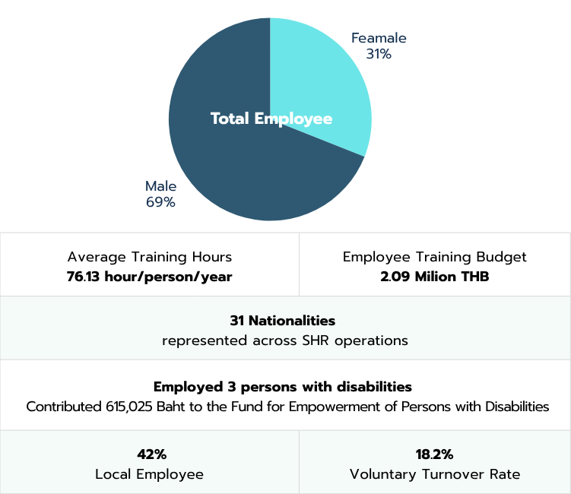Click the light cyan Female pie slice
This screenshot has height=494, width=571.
[x=320, y=80]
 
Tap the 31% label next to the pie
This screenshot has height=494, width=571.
[x=379, y=54]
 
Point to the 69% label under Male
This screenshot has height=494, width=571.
[x=160, y=202]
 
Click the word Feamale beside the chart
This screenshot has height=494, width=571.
[x=379, y=38]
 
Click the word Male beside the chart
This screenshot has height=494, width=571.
[x=160, y=186]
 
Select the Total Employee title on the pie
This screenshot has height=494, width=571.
[x=271, y=119]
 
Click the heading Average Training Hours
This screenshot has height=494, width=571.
[x=150, y=257]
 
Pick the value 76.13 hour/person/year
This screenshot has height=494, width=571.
[x=149, y=277]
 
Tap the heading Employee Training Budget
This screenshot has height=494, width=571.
[x=434, y=257]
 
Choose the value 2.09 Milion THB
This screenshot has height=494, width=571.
[x=434, y=277]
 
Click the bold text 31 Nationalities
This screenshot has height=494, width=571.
[x=283, y=321]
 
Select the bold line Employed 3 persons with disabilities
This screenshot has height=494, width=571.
[x=283, y=387]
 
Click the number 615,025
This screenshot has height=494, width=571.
[x=129, y=407]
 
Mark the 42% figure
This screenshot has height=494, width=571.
[x=152, y=454]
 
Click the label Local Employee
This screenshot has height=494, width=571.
[x=149, y=474]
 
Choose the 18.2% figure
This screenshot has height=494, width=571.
[x=434, y=454]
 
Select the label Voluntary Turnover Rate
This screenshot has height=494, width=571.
[x=435, y=474]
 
